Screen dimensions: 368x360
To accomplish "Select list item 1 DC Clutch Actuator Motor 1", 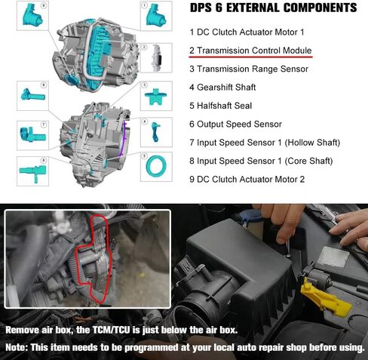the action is tap(247, 32).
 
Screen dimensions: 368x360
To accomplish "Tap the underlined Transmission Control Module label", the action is tap(250, 51).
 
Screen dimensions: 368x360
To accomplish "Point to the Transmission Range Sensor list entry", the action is tap(249, 69).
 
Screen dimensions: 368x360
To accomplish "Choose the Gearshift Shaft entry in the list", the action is tap(222, 88).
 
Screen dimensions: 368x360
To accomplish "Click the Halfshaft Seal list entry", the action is tap(220, 106).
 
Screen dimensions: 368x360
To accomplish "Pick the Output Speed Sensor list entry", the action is tap(235, 124).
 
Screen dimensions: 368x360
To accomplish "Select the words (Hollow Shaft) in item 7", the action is tap(312, 143).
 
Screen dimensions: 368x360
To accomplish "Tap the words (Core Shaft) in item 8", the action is tap(308, 161).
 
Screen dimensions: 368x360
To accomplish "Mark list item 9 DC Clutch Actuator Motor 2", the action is tap(247, 180).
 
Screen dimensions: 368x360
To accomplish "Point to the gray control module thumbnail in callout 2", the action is tap(156, 58).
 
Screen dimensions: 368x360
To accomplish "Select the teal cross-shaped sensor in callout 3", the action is tap(155, 97).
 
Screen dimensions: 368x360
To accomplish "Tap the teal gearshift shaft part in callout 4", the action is tap(155, 131).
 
